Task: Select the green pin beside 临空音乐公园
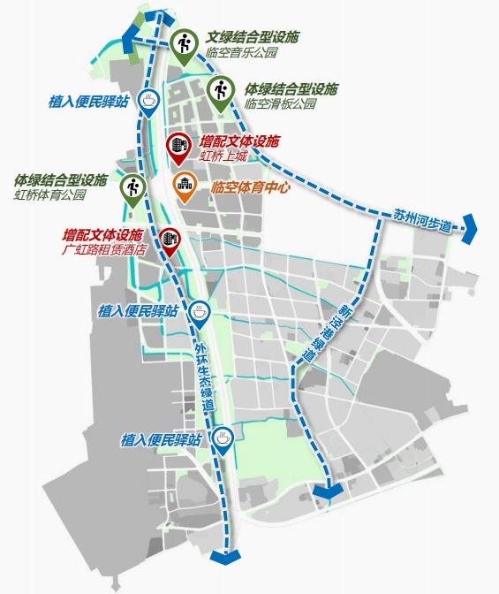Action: pyautogui.click(x=185, y=45)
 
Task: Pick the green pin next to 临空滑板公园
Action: pyautogui.click(x=221, y=93)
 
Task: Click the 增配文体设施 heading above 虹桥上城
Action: pyautogui.click(x=238, y=141)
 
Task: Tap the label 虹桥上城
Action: pyautogui.click(x=223, y=156)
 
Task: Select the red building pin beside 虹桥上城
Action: pyautogui.click(x=178, y=147)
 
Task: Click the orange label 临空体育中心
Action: pyautogui.click(x=252, y=187)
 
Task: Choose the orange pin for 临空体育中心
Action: pyautogui.click(x=184, y=187)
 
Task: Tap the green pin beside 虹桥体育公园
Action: pyautogui.click(x=133, y=189)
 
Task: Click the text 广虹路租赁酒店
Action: pyautogui.click(x=103, y=250)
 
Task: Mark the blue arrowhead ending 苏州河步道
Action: pyautogui.click(x=469, y=226)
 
